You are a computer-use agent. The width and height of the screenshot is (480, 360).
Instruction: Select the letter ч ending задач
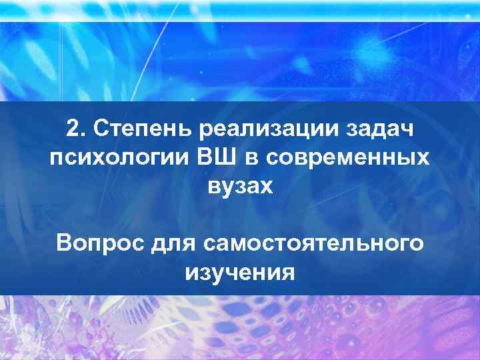[407, 129]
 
